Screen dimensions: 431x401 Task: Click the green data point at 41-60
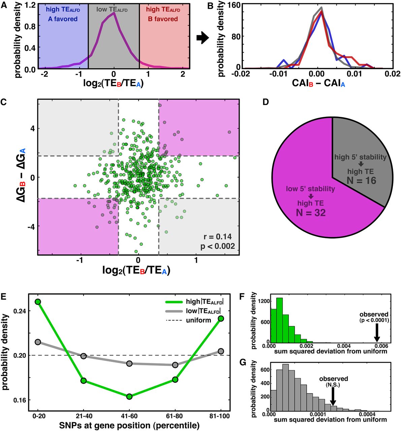(129, 396)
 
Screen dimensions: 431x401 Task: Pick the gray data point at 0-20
(38, 342)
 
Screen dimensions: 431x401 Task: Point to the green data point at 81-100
(221, 319)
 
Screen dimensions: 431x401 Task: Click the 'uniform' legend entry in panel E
(198, 320)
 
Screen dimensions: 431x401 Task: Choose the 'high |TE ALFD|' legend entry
(204, 302)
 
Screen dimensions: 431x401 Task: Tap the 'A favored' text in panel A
(63, 19)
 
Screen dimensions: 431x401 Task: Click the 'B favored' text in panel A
(163, 19)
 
